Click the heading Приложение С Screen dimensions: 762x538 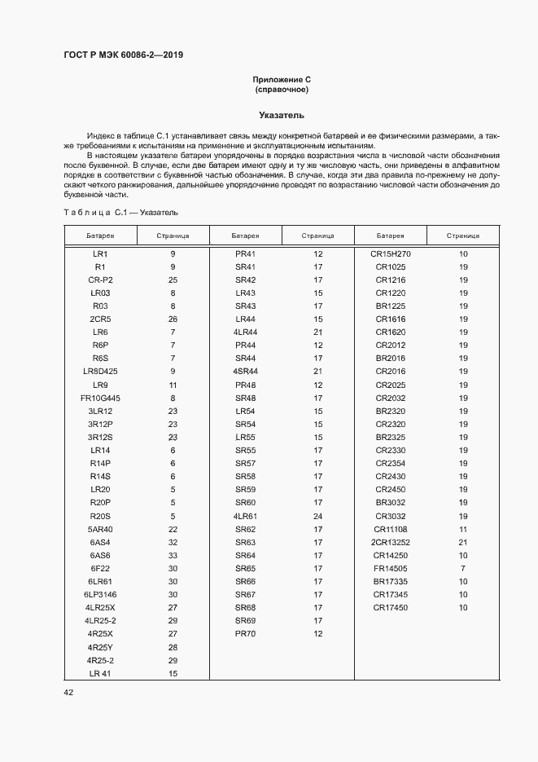point(282,80)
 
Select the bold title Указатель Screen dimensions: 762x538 point(282,115)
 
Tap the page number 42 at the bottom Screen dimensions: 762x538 point(69,692)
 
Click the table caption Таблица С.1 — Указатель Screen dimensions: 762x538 point(120,212)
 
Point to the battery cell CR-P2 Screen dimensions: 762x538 point(100,280)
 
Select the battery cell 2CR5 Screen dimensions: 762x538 point(100,319)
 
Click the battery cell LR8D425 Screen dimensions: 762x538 point(100,371)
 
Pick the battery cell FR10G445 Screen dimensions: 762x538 point(100,398)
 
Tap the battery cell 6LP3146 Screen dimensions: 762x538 point(100,594)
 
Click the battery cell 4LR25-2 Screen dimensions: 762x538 point(100,620)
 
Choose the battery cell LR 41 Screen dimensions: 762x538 point(100,673)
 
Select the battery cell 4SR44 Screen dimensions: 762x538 point(245,371)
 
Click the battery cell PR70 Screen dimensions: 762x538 point(245,633)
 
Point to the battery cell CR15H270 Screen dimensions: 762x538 point(391,253)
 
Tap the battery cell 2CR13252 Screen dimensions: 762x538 point(391,542)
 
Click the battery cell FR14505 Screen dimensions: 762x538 point(391,568)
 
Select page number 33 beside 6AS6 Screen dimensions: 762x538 point(173,555)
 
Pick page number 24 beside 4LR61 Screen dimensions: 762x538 point(318,516)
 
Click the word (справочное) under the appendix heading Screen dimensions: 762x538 point(282,90)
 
